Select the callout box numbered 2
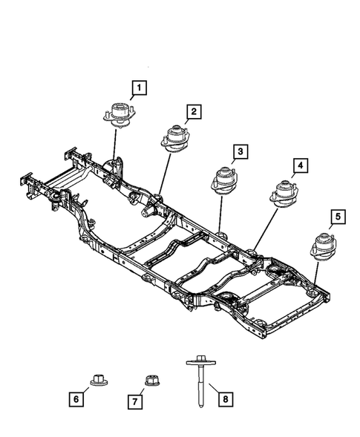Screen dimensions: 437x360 click(193, 112)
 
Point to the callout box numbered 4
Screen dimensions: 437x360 click(300, 165)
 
